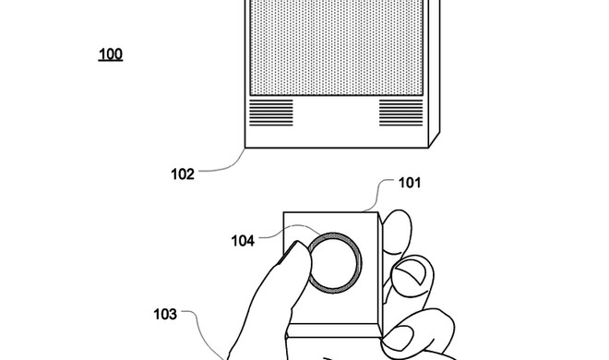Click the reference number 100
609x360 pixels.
click(110, 54)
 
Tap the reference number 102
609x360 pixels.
click(182, 171)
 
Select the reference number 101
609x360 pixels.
click(409, 183)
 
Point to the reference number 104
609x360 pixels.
click(244, 241)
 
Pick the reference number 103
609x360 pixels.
click(164, 313)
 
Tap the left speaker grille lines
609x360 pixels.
click(272, 113)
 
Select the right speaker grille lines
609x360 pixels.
click(400, 113)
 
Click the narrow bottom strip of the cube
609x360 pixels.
click(337, 330)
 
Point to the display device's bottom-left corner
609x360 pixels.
click(245, 146)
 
